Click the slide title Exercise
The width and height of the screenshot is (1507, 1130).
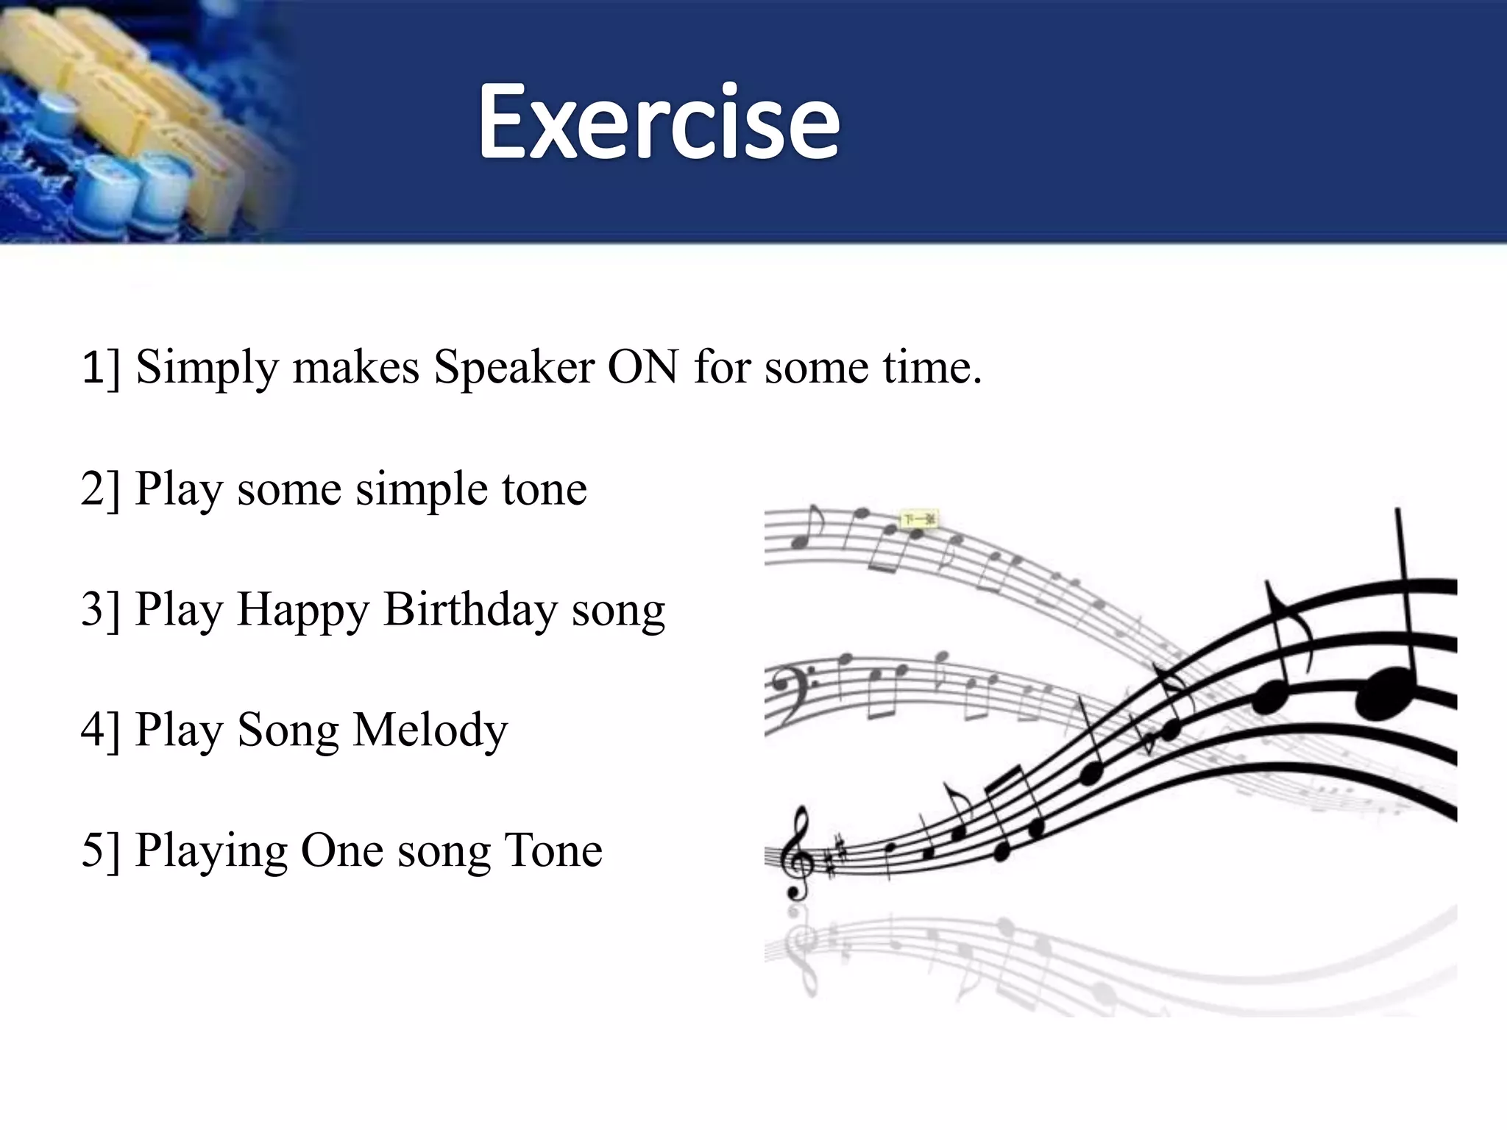[659, 121]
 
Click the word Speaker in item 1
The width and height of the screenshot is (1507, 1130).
[514, 366]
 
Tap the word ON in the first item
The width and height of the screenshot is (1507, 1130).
[642, 366]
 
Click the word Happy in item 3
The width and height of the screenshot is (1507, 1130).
[302, 611]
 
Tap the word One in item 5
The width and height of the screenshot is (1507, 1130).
[341, 850]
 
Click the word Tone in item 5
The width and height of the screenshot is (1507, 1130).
[553, 850]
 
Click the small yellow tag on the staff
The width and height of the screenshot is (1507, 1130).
[919, 519]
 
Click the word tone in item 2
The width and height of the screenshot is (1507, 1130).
[545, 489]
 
